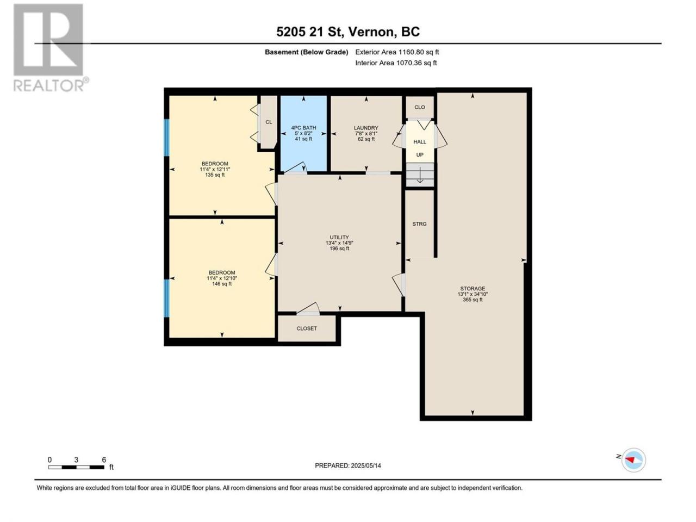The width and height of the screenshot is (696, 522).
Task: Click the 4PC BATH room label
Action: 303,128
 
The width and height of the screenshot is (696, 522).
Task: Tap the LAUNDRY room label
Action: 366,128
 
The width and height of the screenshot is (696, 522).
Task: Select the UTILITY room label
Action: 339,237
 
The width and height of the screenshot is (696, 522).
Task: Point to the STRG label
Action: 419,224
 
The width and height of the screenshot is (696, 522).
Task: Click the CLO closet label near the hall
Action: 419,107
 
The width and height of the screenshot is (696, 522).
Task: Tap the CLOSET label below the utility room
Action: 306,328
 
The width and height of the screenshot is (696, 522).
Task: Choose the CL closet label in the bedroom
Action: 269,122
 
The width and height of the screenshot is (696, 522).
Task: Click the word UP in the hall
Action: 419,154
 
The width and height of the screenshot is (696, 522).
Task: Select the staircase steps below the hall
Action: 420,175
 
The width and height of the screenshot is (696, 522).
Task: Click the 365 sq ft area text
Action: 473,300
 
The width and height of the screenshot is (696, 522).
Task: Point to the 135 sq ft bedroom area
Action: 215,175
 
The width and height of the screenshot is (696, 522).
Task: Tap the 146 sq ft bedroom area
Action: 222,284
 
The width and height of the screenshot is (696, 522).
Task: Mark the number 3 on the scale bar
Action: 76,459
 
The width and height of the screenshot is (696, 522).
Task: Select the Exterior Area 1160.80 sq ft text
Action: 397,52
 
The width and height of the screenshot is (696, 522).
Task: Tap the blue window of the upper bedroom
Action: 166,137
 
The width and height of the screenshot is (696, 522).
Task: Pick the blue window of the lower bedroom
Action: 166,298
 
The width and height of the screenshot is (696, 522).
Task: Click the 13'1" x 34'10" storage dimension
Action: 473,294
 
